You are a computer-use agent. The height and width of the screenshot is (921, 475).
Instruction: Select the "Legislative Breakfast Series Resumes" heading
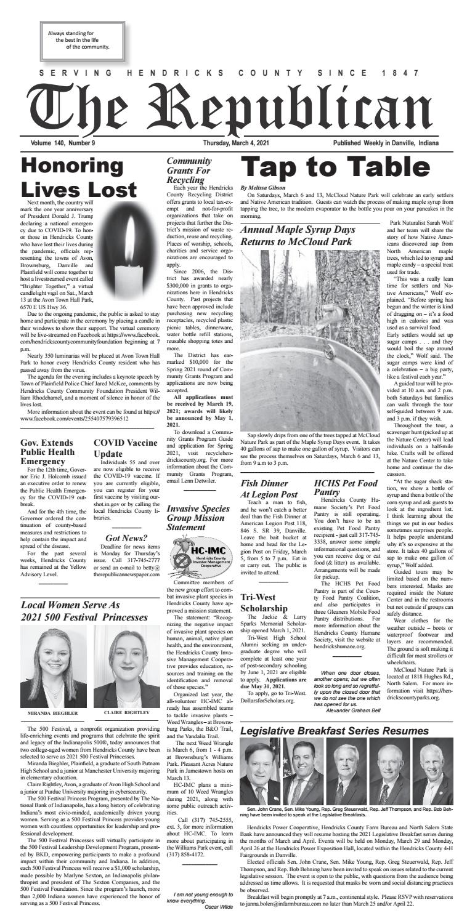[346, 731]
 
